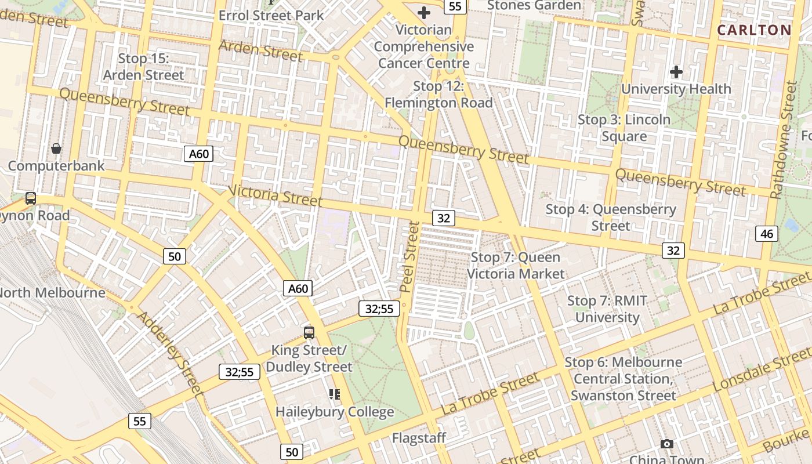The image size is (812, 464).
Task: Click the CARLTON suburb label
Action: pos(754,30)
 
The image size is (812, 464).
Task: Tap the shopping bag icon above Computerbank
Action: pos(56,149)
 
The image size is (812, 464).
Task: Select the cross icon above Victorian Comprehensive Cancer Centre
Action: pos(424,12)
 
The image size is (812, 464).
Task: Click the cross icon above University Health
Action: pos(676,72)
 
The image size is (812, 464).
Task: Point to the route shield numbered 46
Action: pos(766,234)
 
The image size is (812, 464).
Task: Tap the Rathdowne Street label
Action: pos(784,140)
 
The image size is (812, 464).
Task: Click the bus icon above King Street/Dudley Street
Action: pos(309,332)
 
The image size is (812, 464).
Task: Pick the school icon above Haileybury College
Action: pos(335,394)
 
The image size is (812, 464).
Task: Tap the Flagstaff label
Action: pos(419,438)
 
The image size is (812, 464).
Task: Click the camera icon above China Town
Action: pos(667,444)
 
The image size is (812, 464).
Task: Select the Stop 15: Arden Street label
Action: pos(143,67)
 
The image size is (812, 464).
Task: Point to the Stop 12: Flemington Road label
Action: pos(438,95)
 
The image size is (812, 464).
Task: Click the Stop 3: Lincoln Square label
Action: pos(624,128)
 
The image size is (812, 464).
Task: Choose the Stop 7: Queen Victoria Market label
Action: pos(515,265)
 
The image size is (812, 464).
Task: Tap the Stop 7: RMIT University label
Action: pos(607,309)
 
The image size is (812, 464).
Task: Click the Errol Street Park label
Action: pos(271,15)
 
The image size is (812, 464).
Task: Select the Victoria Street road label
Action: pos(275,195)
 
